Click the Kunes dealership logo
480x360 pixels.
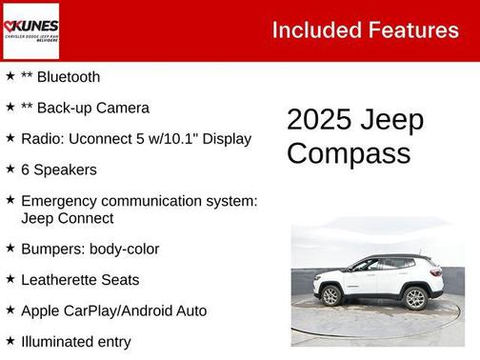[31, 30]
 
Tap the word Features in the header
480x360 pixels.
[411, 30]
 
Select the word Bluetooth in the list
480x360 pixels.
[68, 76]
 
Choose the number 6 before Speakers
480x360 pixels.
[26, 170]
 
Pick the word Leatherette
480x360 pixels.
[61, 280]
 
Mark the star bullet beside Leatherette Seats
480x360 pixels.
[10, 279]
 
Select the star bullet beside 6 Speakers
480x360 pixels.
[10, 169]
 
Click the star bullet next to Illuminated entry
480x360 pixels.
[10, 340]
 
